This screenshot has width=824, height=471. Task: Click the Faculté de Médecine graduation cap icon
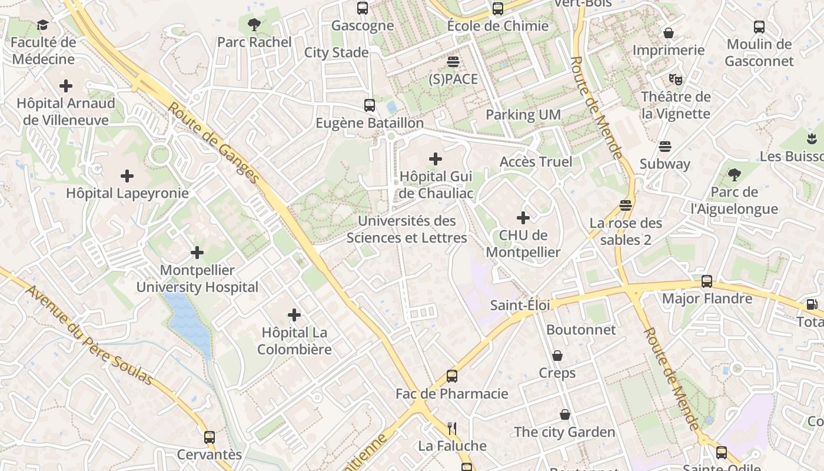[x=42, y=25]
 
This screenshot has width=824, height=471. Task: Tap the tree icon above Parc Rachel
[x=254, y=25]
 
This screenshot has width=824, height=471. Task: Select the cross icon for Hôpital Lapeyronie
[x=127, y=176]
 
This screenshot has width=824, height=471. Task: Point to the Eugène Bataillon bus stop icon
[x=370, y=105]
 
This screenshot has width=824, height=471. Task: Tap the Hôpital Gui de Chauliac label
[x=436, y=185]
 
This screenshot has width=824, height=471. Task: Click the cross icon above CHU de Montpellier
[x=523, y=218]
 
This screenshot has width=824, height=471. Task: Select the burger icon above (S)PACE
[x=453, y=62]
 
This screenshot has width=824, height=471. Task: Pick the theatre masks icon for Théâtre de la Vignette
[x=675, y=79]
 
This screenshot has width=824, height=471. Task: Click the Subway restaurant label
[x=664, y=164]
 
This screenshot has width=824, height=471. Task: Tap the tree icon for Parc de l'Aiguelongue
[x=734, y=174]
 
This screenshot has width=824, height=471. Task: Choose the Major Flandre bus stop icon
[x=707, y=281]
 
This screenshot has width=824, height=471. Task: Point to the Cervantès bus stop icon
[x=210, y=437]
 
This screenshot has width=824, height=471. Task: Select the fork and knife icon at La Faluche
[x=452, y=428]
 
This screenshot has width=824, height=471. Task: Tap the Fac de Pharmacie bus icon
[x=452, y=376]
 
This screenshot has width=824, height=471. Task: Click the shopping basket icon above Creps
[x=557, y=356]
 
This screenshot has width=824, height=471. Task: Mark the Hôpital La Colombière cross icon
[x=294, y=315]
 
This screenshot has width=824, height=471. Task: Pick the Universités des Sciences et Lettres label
[x=407, y=230]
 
